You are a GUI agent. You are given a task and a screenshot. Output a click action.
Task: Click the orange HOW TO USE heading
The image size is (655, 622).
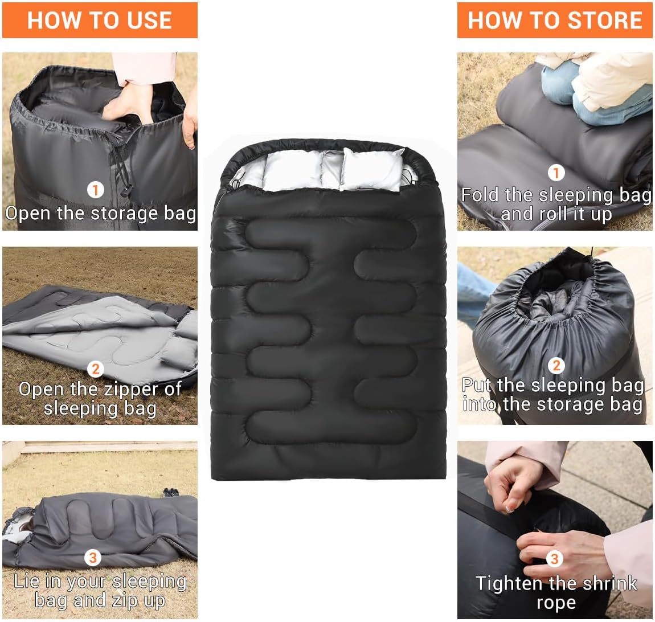(x=100, y=21)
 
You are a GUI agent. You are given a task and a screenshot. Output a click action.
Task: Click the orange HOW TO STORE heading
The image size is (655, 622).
(x=555, y=21)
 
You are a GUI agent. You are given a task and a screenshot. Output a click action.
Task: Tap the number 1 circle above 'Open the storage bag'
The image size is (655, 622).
(x=96, y=190)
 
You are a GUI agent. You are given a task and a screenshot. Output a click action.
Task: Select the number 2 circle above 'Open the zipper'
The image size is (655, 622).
(x=96, y=369)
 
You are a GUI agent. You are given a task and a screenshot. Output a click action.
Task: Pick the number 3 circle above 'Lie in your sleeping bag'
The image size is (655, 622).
(x=93, y=557)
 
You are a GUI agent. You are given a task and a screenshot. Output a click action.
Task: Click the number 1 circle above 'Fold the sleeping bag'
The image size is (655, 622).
(x=556, y=173)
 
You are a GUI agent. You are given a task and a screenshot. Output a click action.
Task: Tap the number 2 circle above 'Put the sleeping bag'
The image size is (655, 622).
(x=556, y=365)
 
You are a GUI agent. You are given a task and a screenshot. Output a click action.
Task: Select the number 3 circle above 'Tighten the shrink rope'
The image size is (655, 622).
(x=554, y=559)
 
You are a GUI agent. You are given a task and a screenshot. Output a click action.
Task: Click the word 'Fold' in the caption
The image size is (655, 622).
(x=480, y=195)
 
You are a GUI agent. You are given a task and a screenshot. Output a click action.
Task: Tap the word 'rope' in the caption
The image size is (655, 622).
(x=556, y=603)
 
